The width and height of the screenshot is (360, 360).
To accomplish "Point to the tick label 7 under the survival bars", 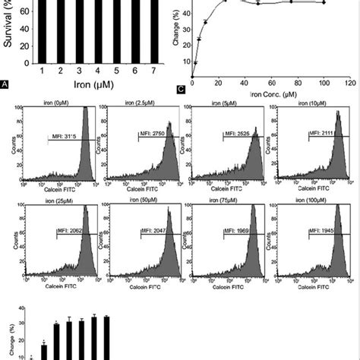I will coord(129,70).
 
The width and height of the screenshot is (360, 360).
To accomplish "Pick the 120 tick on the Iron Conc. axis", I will coord(349,81).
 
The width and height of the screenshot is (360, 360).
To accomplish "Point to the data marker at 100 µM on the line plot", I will coord(324,3).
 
